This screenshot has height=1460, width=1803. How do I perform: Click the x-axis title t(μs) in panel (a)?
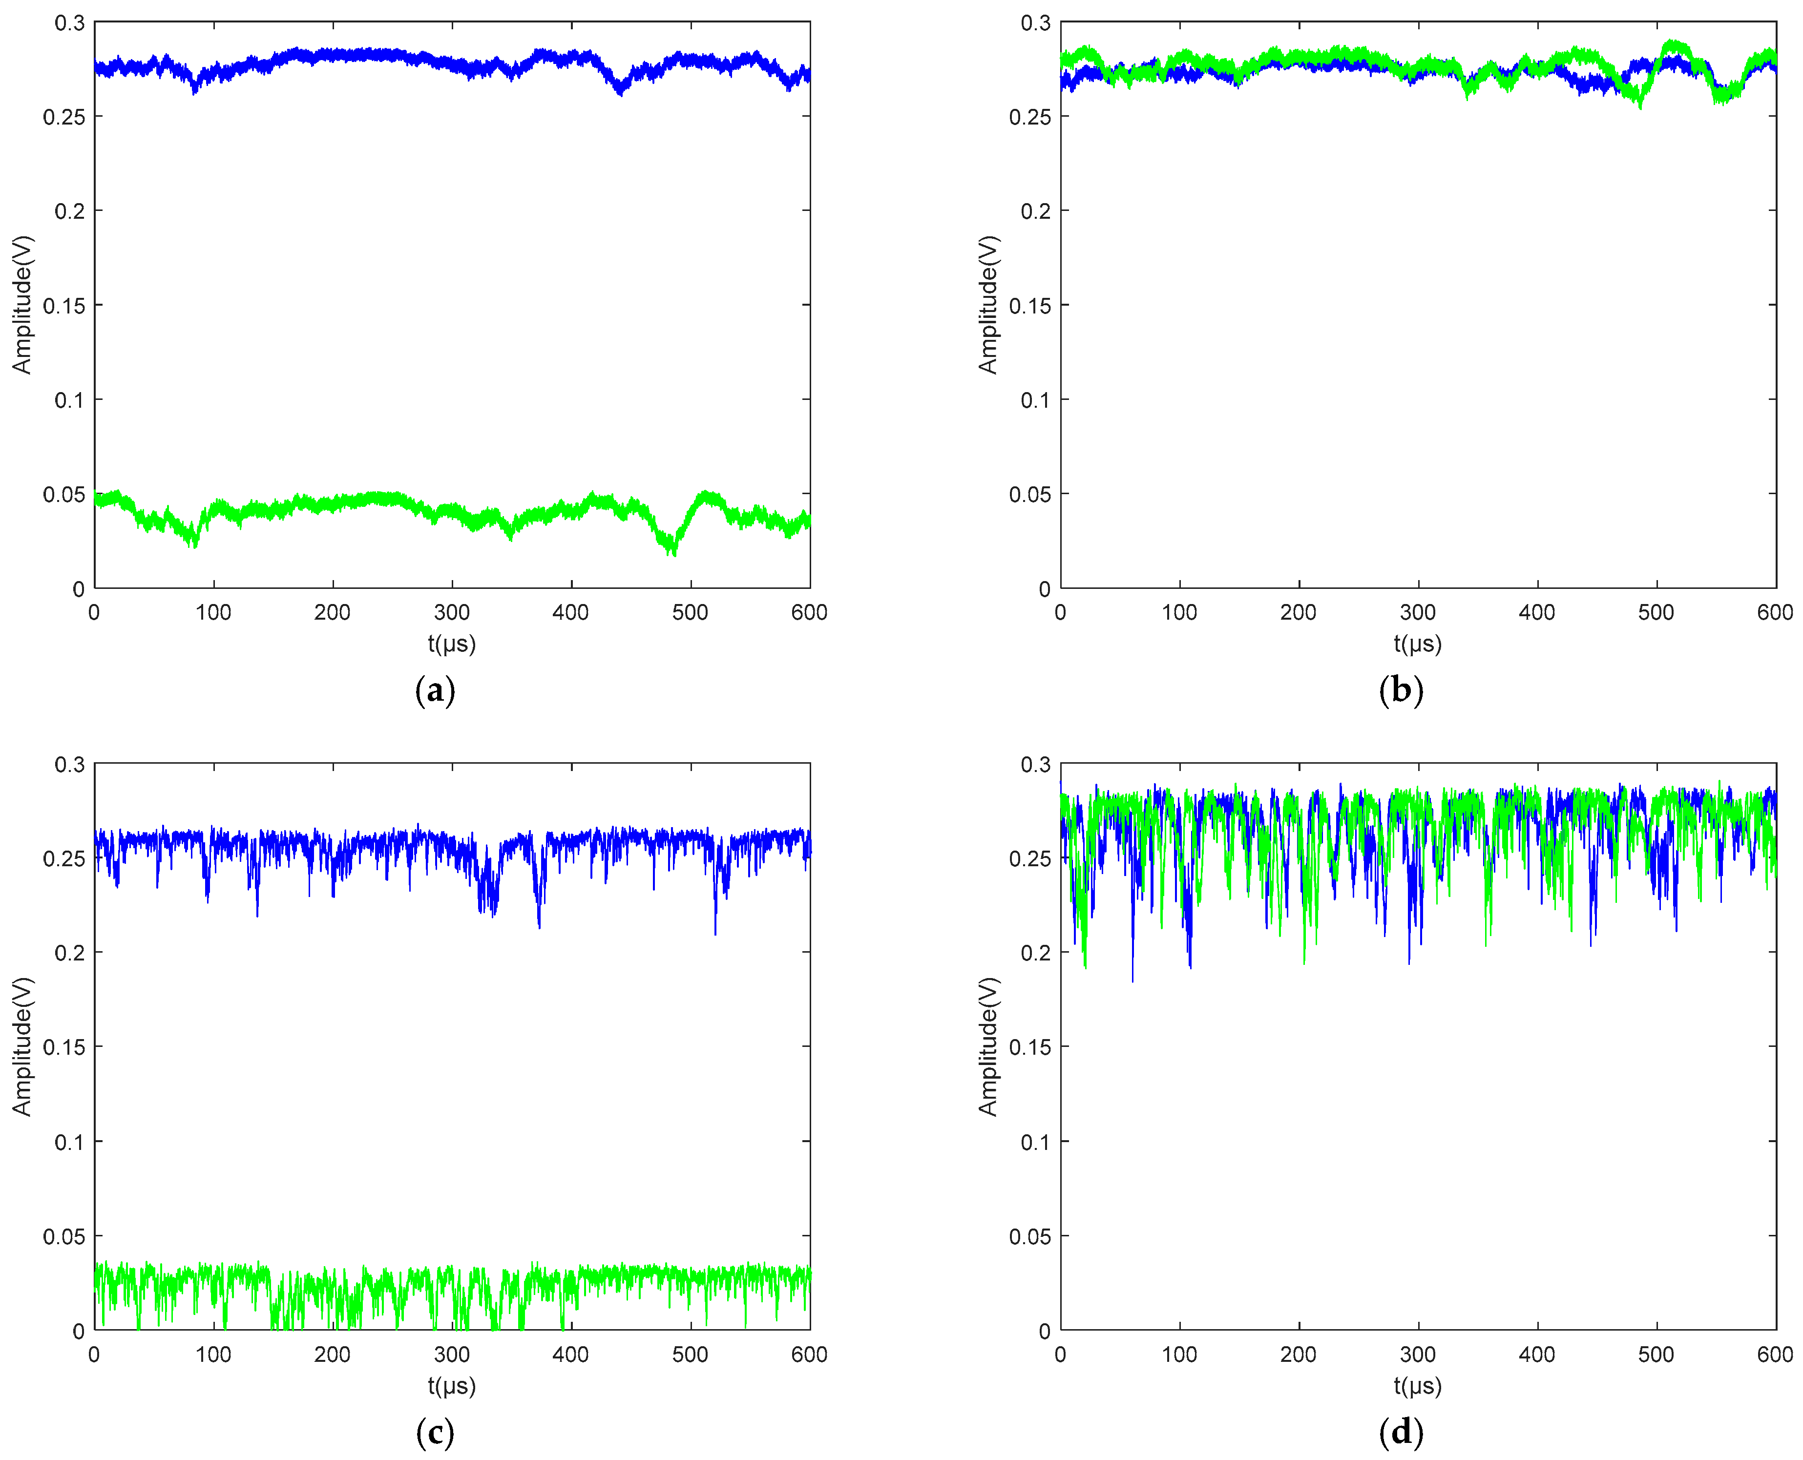pos(452,644)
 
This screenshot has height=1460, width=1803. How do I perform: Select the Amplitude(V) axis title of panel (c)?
pos(22,1046)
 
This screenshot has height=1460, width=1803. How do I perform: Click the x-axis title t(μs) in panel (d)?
pos(1418,1386)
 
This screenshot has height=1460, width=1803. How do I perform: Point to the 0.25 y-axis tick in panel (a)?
pos(64,117)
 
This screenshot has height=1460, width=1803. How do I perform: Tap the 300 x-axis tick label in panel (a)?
pos(452,612)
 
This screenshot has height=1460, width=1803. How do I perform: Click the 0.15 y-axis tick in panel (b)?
pos(1030,305)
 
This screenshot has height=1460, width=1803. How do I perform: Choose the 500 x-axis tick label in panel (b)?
pos(1656,612)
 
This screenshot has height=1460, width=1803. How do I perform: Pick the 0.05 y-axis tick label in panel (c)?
pos(64,1236)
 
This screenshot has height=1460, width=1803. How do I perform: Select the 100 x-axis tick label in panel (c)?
pos(213,1354)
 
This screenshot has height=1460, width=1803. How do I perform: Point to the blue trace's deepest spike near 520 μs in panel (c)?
pos(715,932)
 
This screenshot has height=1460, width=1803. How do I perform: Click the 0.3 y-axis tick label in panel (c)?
pos(70,765)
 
